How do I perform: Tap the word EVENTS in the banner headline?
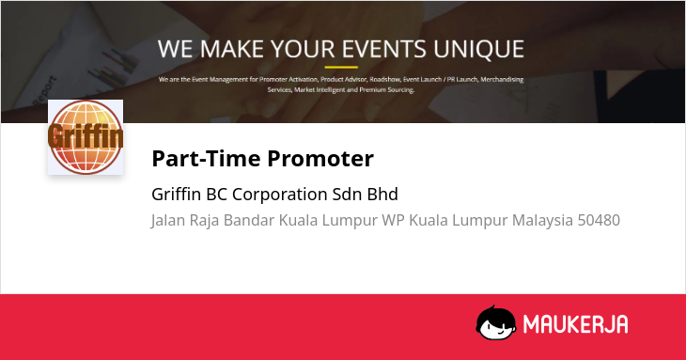(383, 49)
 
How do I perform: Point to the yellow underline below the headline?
(341, 68)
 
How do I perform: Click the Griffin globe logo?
(86, 137)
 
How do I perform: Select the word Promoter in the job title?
(320, 158)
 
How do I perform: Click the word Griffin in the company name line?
(177, 195)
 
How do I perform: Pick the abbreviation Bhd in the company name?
(382, 195)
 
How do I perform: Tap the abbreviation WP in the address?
(393, 220)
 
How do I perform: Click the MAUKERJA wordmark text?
(575, 324)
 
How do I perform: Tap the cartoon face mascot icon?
(496, 322)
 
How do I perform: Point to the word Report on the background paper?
(45, 90)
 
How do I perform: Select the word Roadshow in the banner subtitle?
(384, 79)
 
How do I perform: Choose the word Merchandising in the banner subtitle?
(502, 80)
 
